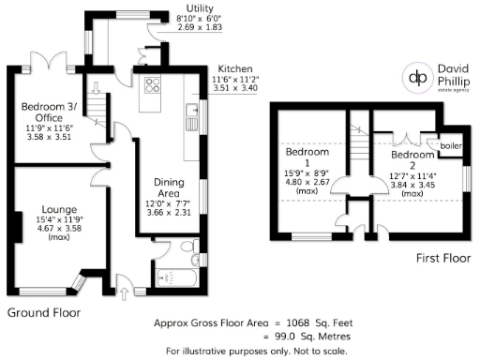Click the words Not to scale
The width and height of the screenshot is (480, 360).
(319, 352)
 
